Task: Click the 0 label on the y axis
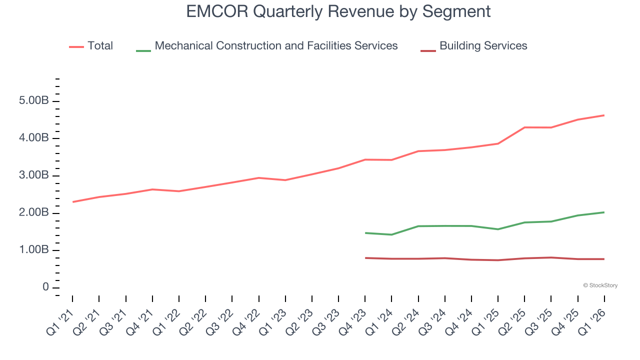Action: click(x=45, y=287)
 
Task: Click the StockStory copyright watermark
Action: click(x=600, y=285)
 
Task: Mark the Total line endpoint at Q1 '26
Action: click(x=604, y=115)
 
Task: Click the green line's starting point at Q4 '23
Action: click(x=365, y=233)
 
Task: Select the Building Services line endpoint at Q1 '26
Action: click(x=604, y=259)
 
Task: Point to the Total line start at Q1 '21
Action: click(x=73, y=202)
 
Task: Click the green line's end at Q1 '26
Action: click(x=604, y=212)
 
